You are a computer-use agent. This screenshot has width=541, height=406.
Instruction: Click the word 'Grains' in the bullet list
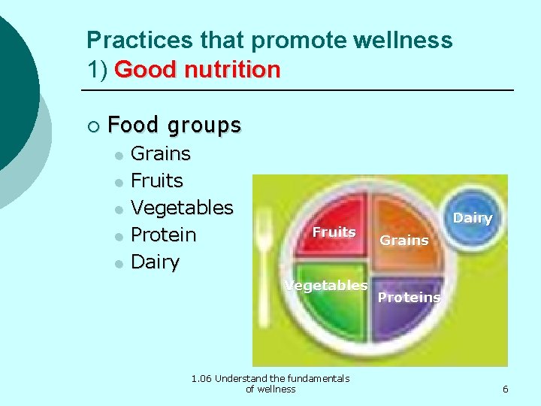tap(161, 153)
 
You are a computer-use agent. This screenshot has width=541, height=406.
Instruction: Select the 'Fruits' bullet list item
tap(157, 180)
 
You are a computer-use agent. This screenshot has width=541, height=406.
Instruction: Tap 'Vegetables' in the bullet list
tap(182, 208)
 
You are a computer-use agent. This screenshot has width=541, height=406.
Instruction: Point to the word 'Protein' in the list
tap(163, 235)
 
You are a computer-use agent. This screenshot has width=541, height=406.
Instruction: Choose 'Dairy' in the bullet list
tap(155, 262)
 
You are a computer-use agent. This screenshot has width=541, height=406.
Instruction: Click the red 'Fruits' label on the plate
tap(334, 232)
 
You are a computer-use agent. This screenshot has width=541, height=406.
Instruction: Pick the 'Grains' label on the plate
tap(403, 241)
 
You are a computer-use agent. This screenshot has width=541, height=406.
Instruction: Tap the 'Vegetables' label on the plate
tap(325, 285)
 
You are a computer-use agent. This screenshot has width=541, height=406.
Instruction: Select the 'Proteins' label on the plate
tap(409, 297)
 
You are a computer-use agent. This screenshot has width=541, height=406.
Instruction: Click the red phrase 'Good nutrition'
tap(198, 70)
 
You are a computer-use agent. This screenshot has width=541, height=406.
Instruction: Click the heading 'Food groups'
tap(174, 124)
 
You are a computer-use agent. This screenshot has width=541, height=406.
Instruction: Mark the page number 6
tap(505, 389)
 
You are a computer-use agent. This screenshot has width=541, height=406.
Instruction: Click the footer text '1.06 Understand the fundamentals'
tap(270, 378)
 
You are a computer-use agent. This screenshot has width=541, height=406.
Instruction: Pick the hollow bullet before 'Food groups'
tap(92, 125)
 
